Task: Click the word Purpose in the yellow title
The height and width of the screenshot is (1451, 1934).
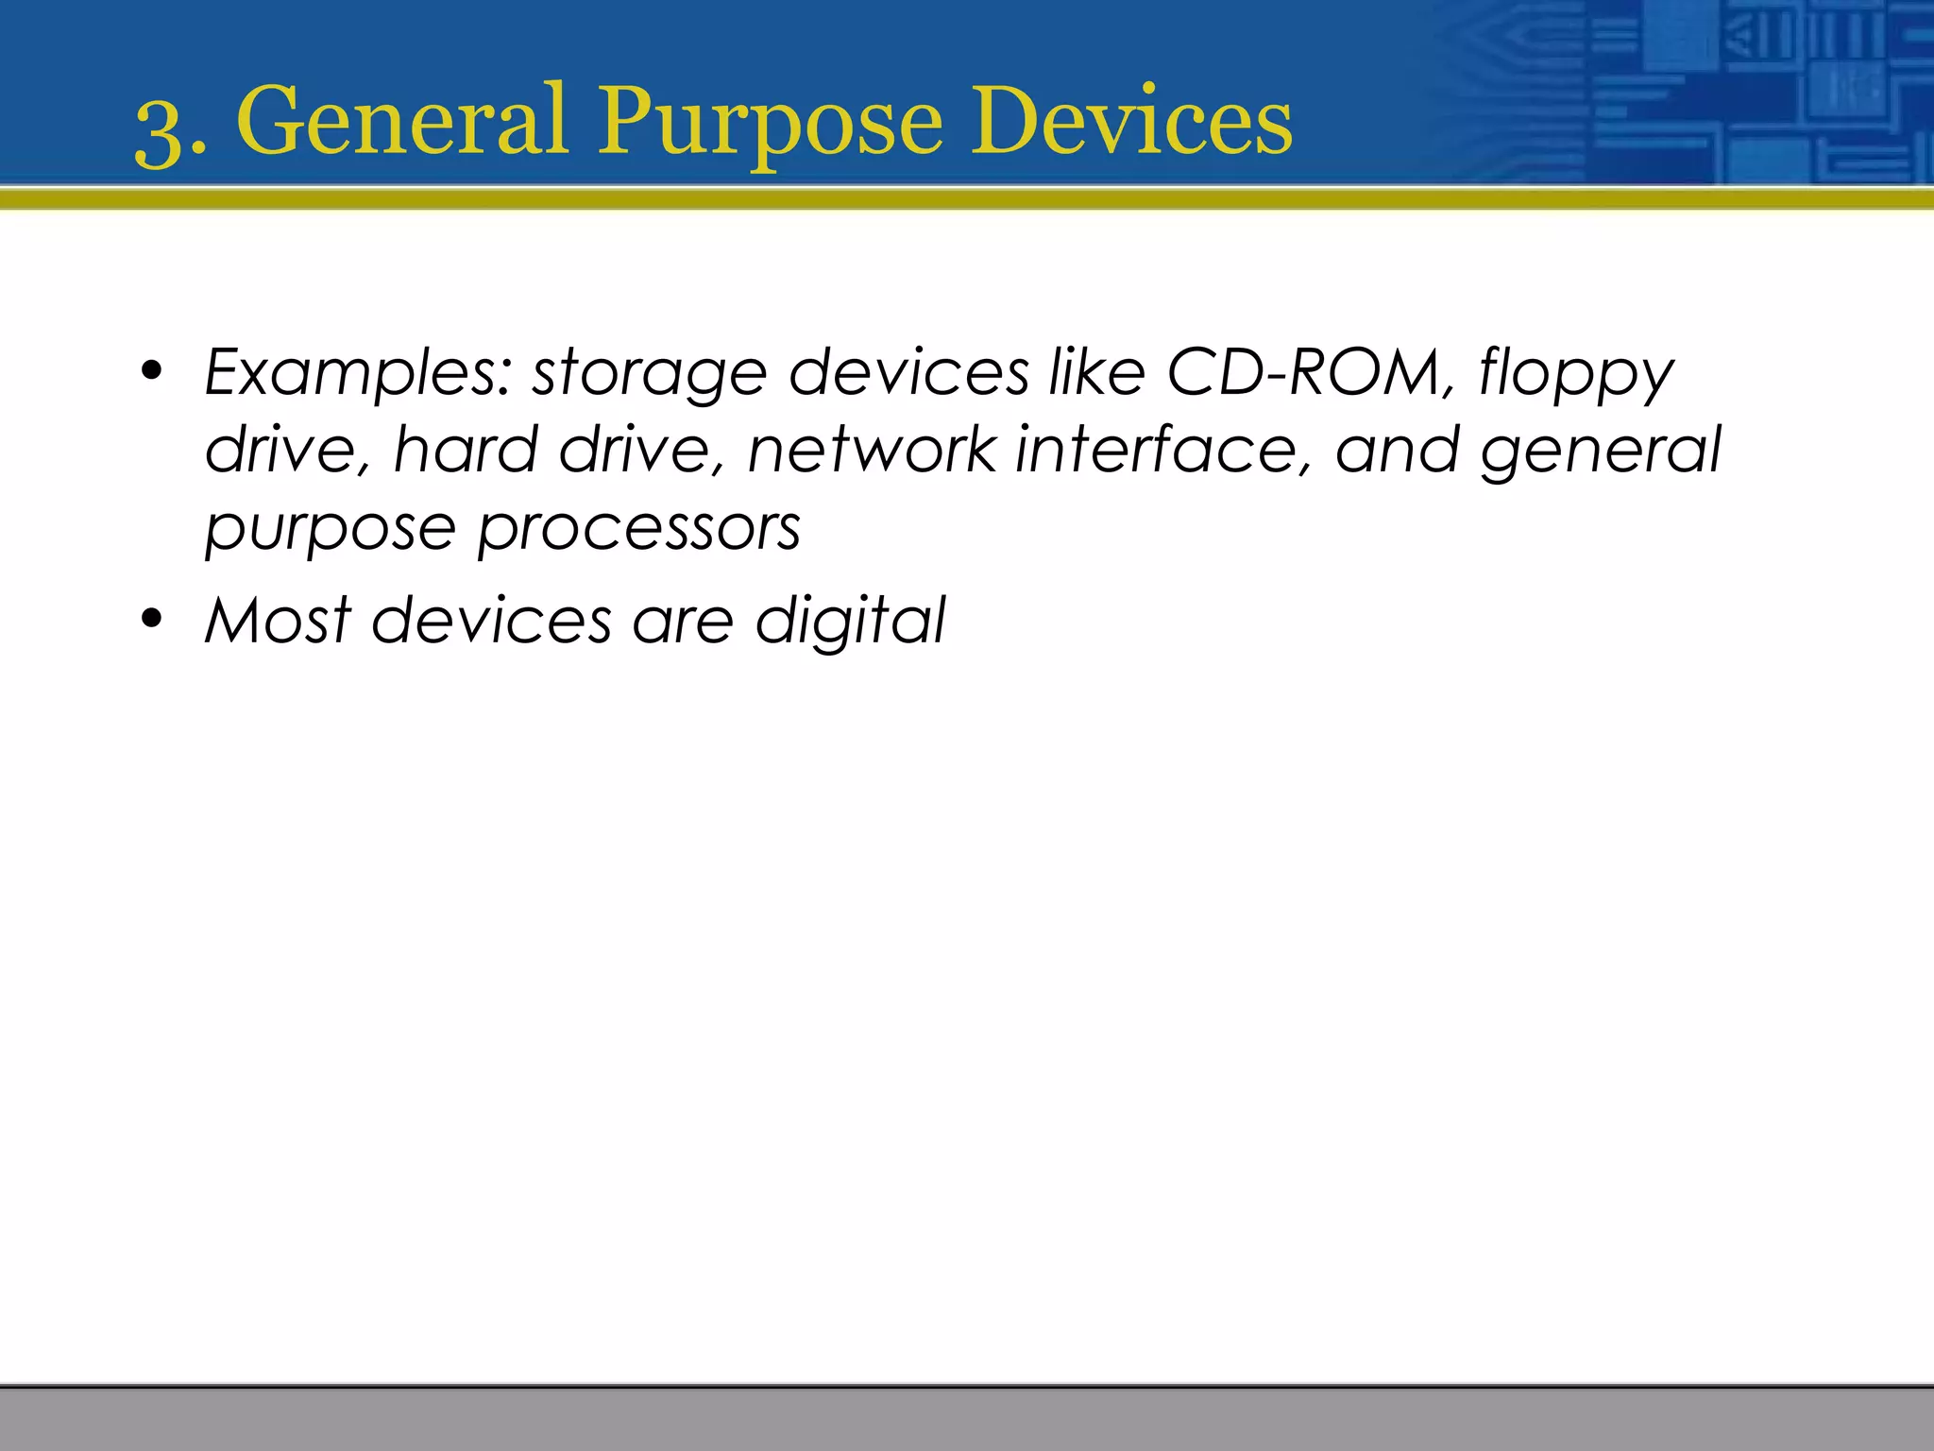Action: [770, 123]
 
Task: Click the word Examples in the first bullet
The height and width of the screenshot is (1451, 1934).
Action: [359, 372]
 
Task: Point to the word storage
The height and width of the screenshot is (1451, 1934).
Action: [650, 374]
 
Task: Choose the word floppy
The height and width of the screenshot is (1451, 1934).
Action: [1575, 374]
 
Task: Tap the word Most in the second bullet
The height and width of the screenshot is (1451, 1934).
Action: [279, 621]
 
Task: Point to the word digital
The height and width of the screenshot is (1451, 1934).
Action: [850, 622]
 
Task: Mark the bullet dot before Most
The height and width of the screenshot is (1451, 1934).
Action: [151, 620]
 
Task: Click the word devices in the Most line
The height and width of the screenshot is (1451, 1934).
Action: [492, 621]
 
